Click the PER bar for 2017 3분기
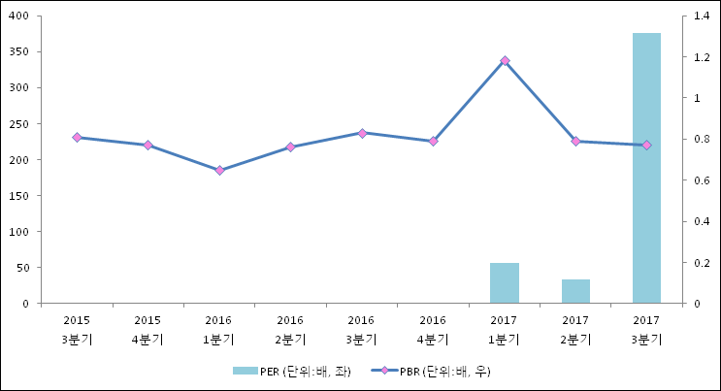(646, 168)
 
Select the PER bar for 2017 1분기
(505, 283)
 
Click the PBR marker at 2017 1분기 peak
(505, 61)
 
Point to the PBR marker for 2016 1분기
(219, 171)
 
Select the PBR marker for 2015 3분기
(77, 138)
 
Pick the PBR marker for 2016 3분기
(362, 133)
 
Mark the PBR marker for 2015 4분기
(147, 146)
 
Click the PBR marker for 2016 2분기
(290, 147)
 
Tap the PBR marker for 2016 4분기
(433, 142)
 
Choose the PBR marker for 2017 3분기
(646, 146)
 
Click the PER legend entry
(291, 372)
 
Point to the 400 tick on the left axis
(18, 16)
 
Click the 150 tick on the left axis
(18, 196)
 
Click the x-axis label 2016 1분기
(219, 329)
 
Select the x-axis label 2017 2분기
(575, 329)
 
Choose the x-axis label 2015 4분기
(147, 329)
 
